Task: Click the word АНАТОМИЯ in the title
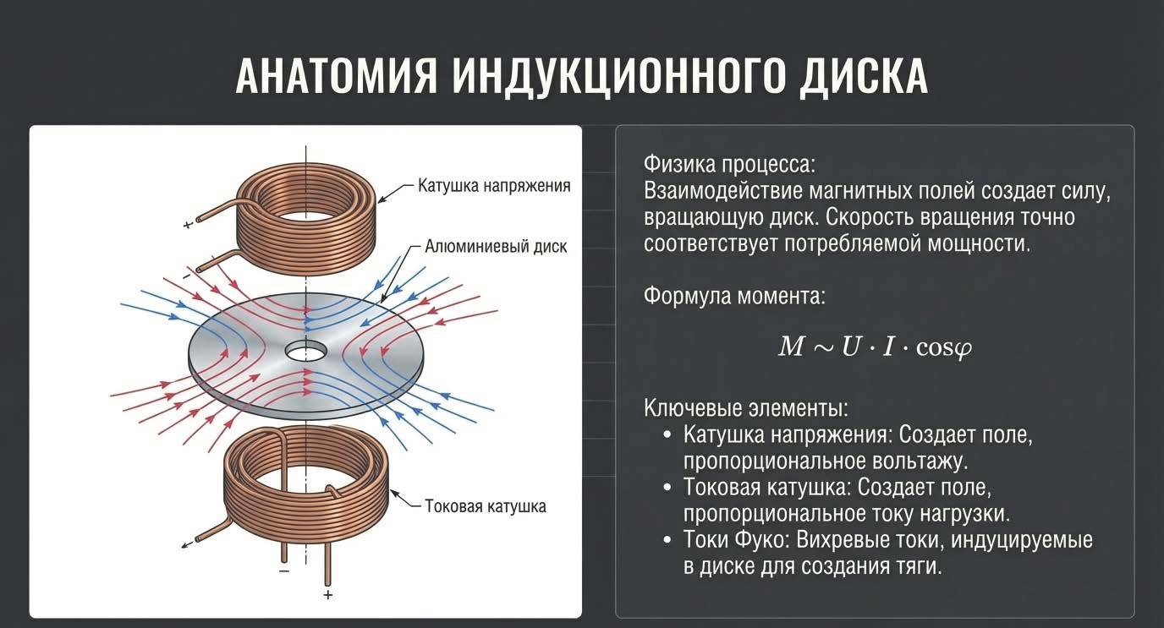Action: click(337, 77)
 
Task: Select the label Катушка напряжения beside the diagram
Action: click(494, 185)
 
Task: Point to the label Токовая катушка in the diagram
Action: click(485, 506)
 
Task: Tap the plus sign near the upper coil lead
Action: click(187, 226)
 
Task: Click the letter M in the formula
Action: click(791, 347)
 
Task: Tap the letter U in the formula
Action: click(849, 347)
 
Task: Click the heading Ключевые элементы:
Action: click(745, 408)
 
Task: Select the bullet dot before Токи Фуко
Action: click(667, 540)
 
